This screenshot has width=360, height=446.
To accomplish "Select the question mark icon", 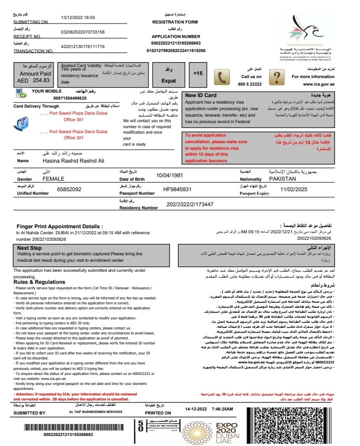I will [276, 77].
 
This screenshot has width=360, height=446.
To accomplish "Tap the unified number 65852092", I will [69, 190].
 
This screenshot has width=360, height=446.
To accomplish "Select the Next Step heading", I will [29, 248].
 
